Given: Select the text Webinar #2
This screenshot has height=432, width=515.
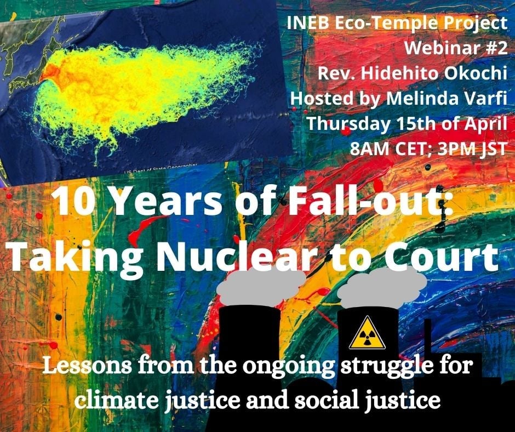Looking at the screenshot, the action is pyautogui.click(x=455, y=48).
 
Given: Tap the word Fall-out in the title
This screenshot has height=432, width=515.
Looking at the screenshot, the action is pyautogui.click(x=364, y=201).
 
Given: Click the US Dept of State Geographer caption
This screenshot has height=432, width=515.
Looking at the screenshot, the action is pyautogui.click(x=161, y=168).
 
